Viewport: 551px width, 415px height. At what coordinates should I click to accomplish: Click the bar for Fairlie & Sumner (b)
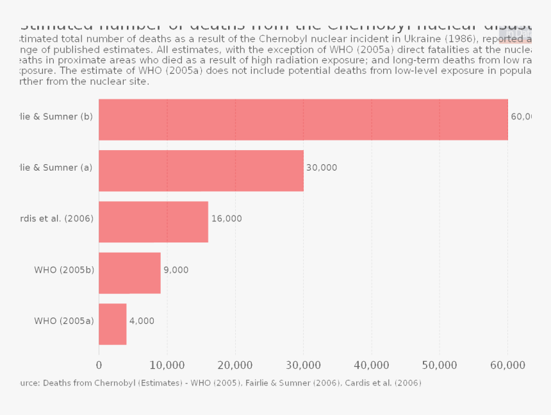click(303, 119)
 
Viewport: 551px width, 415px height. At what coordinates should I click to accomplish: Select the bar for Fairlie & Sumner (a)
click(201, 171)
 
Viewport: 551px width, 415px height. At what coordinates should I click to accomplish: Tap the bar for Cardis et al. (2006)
click(154, 222)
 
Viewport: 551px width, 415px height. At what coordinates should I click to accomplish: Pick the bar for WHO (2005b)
click(129, 273)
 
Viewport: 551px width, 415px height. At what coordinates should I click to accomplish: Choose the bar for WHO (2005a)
click(113, 324)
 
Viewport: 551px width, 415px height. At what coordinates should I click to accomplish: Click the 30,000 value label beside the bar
click(322, 167)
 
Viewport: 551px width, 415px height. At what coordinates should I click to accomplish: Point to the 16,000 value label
click(227, 219)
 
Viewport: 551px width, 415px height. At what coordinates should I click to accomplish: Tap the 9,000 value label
click(176, 270)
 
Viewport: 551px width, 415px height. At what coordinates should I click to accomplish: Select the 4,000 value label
click(142, 321)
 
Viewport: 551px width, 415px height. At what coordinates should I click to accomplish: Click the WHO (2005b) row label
click(64, 270)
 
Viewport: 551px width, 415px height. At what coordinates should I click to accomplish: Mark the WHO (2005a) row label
click(64, 321)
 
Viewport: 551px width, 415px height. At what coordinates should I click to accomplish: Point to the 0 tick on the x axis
click(99, 365)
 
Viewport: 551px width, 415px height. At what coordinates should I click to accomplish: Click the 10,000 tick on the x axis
click(167, 365)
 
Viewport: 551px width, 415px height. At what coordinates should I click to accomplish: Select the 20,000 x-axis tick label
click(235, 365)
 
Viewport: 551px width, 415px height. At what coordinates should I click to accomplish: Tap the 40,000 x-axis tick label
click(372, 365)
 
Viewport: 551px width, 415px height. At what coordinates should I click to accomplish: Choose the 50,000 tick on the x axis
click(440, 365)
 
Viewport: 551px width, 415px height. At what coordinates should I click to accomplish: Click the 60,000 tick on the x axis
click(507, 365)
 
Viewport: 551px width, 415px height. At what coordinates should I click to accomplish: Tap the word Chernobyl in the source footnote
click(116, 383)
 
